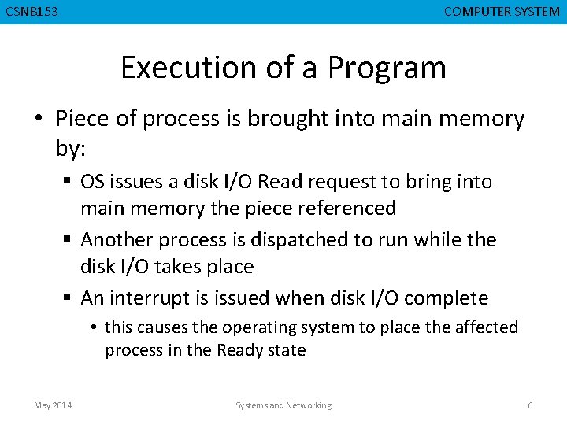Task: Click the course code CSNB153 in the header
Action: tap(31, 12)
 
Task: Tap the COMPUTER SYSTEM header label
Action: tap(502, 12)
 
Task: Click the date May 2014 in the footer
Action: tap(53, 405)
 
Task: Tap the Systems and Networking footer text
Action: tap(283, 405)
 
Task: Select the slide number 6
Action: tap(530, 405)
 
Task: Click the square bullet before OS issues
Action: tap(69, 183)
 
